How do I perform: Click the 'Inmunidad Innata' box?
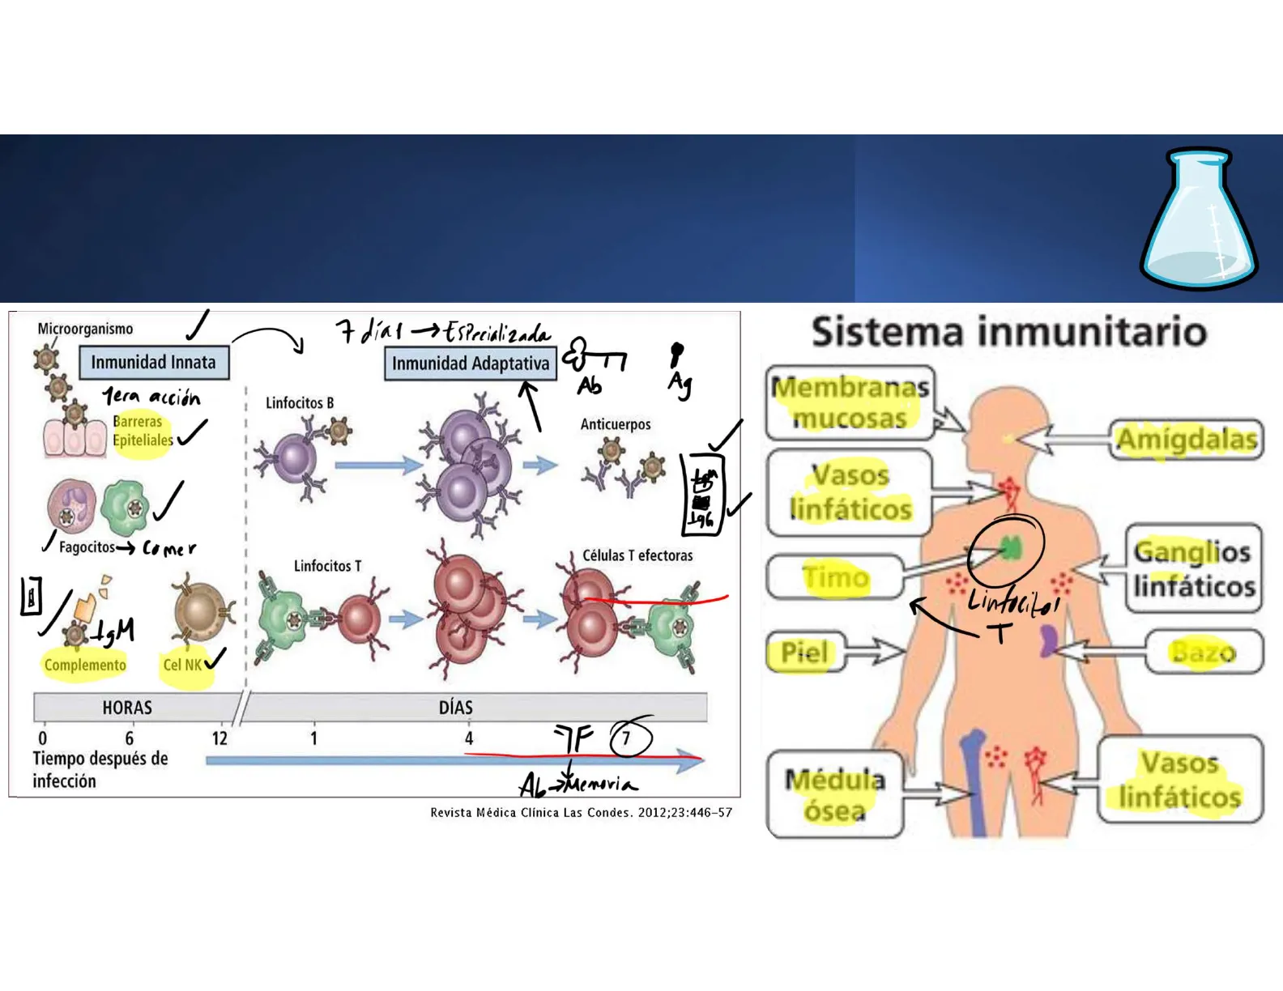[154, 363]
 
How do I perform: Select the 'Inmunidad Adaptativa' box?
[471, 364]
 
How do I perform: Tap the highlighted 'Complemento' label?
[85, 665]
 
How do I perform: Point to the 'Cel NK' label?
[183, 665]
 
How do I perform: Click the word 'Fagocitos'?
[87, 547]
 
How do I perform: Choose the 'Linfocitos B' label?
[300, 402]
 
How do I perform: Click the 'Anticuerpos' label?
[616, 424]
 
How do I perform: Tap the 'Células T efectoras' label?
[637, 555]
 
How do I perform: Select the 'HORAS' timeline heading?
[127, 708]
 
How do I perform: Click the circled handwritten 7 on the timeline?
[627, 738]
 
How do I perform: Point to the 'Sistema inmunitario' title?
[1009, 332]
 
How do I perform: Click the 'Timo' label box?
[835, 576]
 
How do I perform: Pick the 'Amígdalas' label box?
[1186, 440]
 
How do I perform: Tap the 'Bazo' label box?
[1204, 652]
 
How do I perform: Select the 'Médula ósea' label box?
[835, 793]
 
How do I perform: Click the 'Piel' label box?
[805, 652]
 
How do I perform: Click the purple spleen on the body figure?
[1048, 640]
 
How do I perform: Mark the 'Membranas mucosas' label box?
[850, 403]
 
